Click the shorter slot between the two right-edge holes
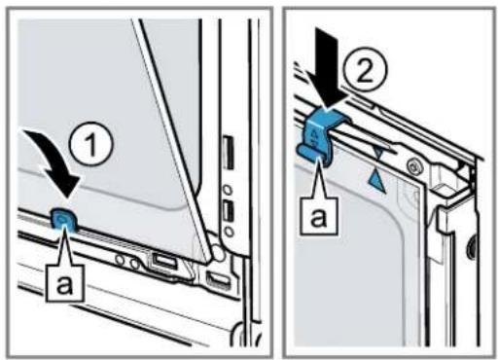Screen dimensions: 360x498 [228, 212]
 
